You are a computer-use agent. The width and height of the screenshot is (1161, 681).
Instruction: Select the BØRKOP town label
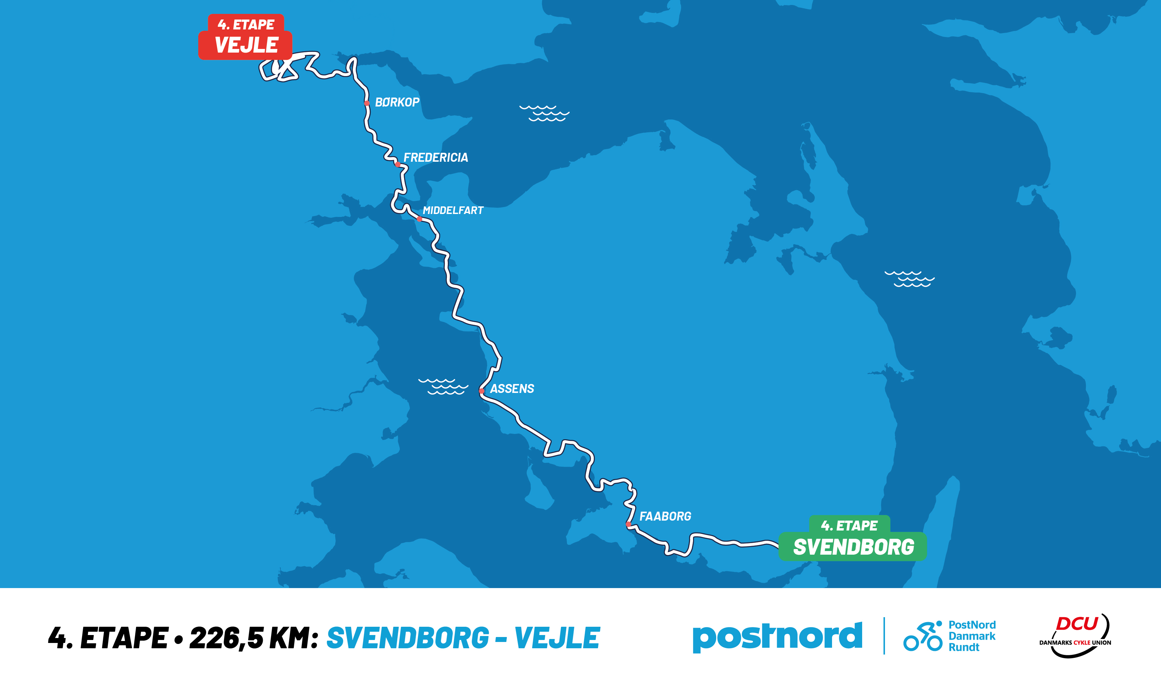tap(397, 102)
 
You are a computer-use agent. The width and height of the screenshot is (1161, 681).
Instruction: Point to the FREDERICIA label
tap(436, 157)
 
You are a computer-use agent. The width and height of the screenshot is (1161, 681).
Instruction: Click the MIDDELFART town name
tap(453, 210)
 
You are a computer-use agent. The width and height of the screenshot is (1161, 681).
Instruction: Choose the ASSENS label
tap(512, 389)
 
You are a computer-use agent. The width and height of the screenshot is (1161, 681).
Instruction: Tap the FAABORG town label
tap(665, 516)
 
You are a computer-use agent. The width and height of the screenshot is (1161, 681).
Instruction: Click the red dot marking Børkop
tap(367, 103)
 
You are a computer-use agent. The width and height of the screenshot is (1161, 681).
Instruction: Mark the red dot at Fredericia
tap(397, 164)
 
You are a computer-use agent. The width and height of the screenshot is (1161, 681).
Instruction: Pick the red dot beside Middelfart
tap(419, 219)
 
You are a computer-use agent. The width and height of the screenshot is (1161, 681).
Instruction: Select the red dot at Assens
tap(482, 391)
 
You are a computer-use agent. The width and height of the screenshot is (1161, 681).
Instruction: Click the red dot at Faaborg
tap(628, 524)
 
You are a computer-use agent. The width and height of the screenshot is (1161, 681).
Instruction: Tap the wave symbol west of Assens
tap(443, 387)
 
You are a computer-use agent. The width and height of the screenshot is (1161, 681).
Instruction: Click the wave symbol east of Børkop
tap(544, 113)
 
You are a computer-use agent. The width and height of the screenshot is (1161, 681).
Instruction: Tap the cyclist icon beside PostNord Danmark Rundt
tap(923, 637)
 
